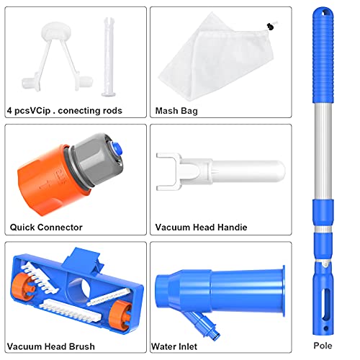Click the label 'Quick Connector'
click(x=46, y=228)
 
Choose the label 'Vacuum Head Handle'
click(x=201, y=228)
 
